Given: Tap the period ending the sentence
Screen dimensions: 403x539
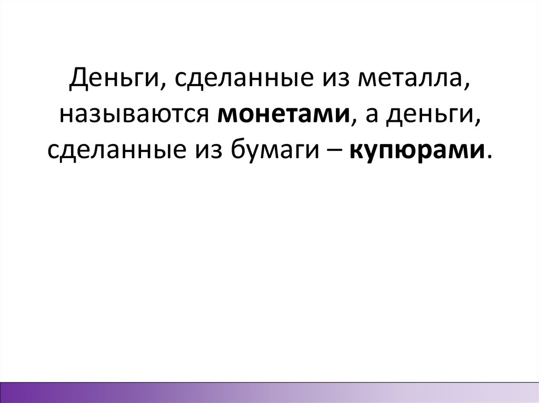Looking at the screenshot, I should pos(491,157).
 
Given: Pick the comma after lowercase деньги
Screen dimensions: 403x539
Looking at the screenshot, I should pos(478,122).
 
